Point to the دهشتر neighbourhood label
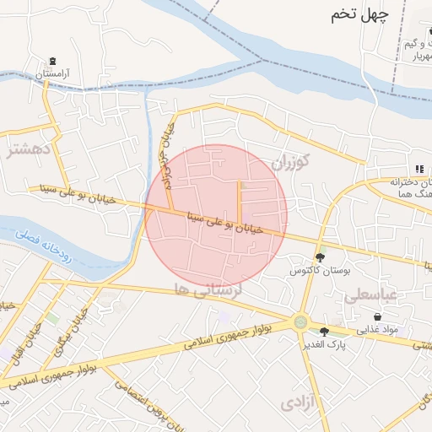24,152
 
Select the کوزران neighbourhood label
292,161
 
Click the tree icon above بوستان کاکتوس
320,257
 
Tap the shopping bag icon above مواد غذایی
377,316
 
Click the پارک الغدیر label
326,345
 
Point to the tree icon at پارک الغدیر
325,332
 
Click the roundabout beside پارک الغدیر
301,321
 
